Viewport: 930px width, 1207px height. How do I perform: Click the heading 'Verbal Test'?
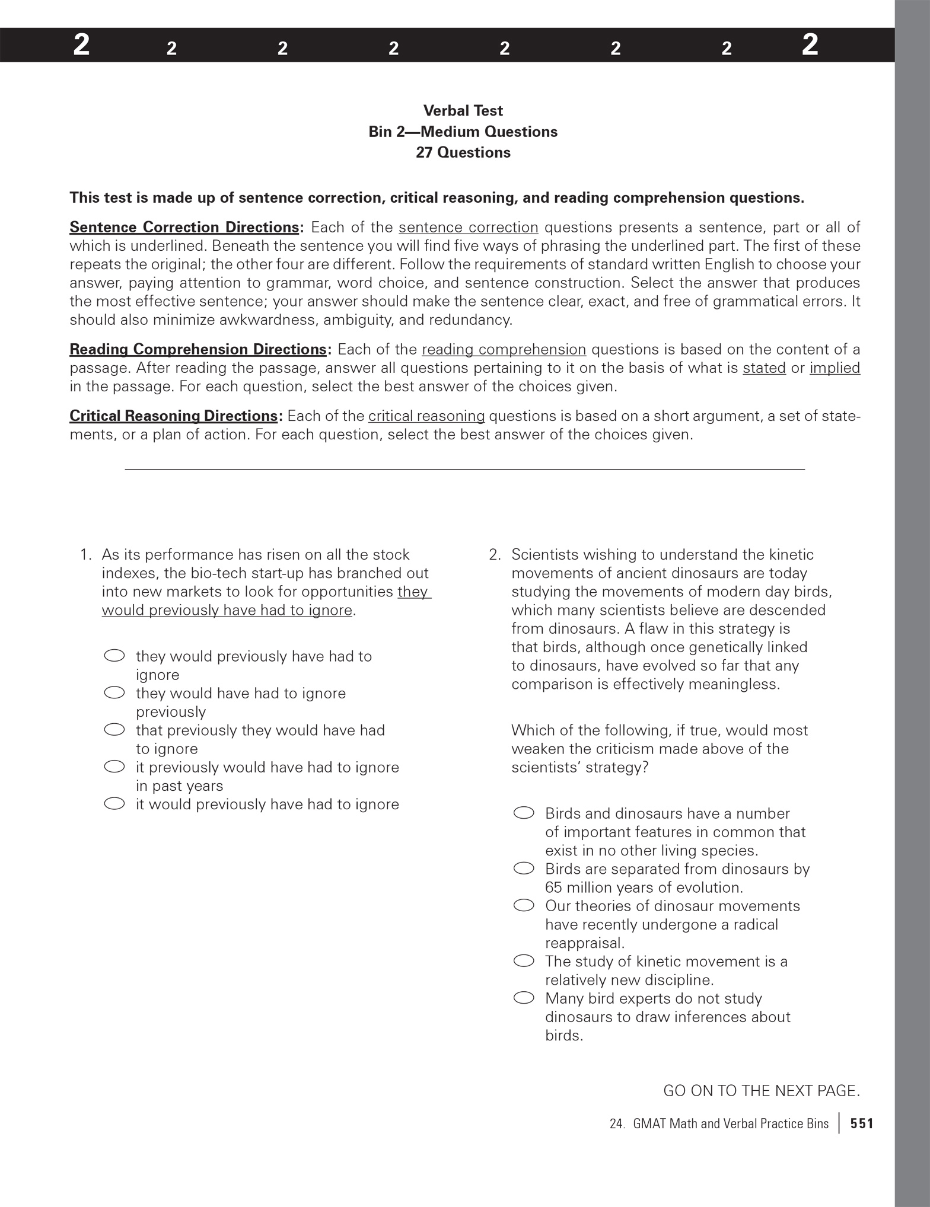pyautogui.click(x=463, y=111)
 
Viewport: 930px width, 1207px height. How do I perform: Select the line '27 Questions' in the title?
pyautogui.click(x=463, y=152)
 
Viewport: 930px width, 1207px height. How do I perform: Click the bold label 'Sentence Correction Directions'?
pyautogui.click(x=184, y=228)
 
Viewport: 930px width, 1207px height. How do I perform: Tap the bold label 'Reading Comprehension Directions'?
pyautogui.click(x=198, y=349)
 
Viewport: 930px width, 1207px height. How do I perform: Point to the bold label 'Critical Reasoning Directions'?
pyautogui.click(x=173, y=416)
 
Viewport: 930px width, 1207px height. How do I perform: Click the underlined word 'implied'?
pyautogui.click(x=835, y=368)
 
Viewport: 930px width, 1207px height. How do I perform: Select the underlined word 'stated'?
pyautogui.click(x=764, y=368)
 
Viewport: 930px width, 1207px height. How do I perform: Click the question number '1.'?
pyautogui.click(x=87, y=555)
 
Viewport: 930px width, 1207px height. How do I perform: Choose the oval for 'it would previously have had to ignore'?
pyautogui.click(x=114, y=804)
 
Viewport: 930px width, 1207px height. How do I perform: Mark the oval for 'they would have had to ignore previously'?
pyautogui.click(x=114, y=692)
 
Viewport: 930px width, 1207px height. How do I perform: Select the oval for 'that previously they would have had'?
pyautogui.click(x=114, y=730)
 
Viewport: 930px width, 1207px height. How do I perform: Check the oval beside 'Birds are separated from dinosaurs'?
pyautogui.click(x=524, y=868)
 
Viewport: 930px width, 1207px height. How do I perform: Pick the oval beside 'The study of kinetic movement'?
pyautogui.click(x=524, y=961)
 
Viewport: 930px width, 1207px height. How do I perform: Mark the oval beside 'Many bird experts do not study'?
pyautogui.click(x=524, y=998)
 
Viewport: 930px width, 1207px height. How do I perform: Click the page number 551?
pyautogui.click(x=862, y=1123)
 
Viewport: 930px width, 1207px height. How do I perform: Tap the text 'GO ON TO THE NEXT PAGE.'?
pyautogui.click(x=761, y=1091)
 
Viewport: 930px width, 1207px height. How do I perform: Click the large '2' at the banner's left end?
pyautogui.click(x=81, y=46)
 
